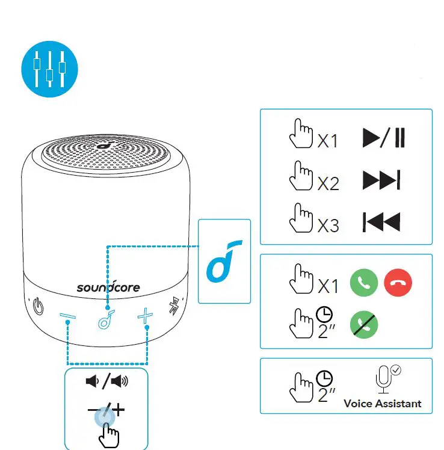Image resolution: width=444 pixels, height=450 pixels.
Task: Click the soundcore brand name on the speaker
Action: pyautogui.click(x=108, y=287)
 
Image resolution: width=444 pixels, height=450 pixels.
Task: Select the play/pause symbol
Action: pyautogui.click(x=384, y=138)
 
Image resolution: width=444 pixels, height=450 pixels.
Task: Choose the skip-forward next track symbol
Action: pyautogui.click(x=381, y=180)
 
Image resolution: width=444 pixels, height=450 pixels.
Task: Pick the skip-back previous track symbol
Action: pyautogui.click(x=381, y=222)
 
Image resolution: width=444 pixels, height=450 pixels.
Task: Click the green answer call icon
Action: pyautogui.click(x=364, y=282)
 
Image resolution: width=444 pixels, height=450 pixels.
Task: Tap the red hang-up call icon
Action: pyautogui.click(x=398, y=282)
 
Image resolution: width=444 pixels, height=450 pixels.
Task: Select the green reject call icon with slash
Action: pyautogui.click(x=364, y=324)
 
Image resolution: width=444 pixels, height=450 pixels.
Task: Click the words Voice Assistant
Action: pyautogui.click(x=383, y=403)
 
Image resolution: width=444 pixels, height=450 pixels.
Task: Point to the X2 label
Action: pyautogui.click(x=328, y=183)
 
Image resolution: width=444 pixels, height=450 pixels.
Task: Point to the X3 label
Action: pyautogui.click(x=328, y=225)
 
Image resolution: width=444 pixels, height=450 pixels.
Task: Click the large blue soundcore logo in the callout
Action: pyautogui.click(x=224, y=260)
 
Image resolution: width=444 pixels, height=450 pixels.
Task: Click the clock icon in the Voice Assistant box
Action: pyautogui.click(x=324, y=378)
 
